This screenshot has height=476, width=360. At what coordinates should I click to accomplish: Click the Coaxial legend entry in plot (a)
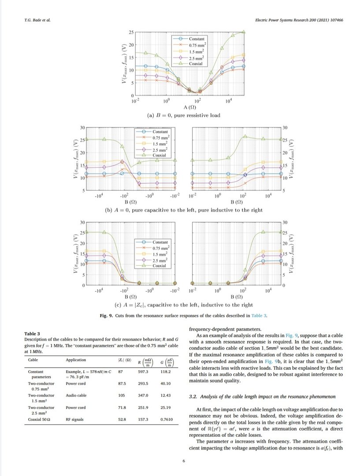coord(196,64)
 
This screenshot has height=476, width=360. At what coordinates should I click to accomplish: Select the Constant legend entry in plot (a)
coord(196,39)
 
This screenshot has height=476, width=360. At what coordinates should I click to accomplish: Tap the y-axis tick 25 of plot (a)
coord(130,33)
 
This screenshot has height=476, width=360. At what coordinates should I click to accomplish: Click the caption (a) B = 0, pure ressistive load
coord(183,115)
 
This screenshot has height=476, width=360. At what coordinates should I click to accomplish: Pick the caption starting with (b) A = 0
coord(183,210)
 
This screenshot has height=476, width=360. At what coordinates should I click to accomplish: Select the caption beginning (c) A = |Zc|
coord(183,305)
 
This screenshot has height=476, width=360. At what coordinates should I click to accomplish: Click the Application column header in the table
coord(76,360)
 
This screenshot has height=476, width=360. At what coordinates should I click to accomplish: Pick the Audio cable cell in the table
coord(76,396)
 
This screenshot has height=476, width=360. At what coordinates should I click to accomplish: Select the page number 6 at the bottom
coord(183,461)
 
